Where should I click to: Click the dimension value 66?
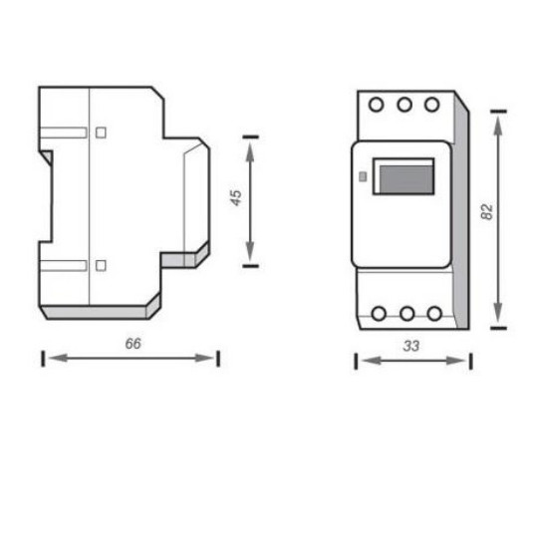pyautogui.click(x=132, y=343)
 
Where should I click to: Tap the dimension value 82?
pyautogui.click(x=486, y=212)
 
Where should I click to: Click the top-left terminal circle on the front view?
pyautogui.click(x=378, y=104)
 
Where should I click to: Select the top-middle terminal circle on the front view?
pyautogui.click(x=404, y=104)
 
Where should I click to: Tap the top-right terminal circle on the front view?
pyautogui.click(x=431, y=104)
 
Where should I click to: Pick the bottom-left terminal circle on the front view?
pyautogui.click(x=379, y=314)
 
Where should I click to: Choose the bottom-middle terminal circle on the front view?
pyautogui.click(x=406, y=314)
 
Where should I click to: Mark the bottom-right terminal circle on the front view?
pyautogui.click(x=433, y=314)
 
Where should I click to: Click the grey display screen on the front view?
pyautogui.click(x=403, y=180)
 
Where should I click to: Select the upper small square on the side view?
pyautogui.click(x=101, y=132)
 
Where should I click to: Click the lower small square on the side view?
pyautogui.click(x=101, y=265)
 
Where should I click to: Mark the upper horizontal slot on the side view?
pyautogui.click(x=64, y=132)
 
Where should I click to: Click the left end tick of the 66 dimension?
pyautogui.click(x=43, y=358)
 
